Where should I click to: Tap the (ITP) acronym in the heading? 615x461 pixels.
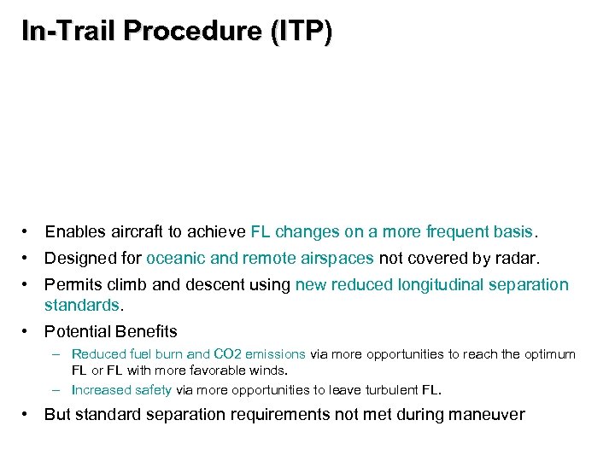(x=301, y=32)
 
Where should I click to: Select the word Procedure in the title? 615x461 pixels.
(x=194, y=32)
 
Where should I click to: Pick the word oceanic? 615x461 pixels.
(x=176, y=258)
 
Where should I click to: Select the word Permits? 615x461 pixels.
(x=73, y=284)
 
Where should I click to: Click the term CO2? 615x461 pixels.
(x=226, y=353)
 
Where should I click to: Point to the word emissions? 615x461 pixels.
(x=275, y=353)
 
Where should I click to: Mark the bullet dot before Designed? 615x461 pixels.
(x=28, y=258)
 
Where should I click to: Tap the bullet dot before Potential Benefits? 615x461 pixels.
(x=28, y=330)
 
